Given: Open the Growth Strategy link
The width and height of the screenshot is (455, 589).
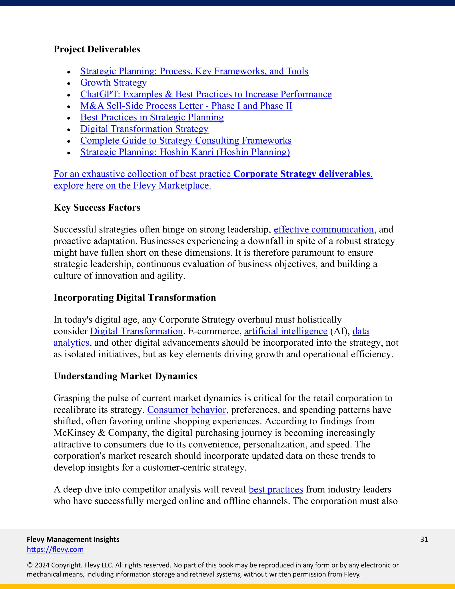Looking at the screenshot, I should (113, 82).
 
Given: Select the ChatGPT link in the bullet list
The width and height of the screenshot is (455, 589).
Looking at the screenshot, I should (206, 94).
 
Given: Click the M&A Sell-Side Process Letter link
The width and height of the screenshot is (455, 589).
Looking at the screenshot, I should (186, 106).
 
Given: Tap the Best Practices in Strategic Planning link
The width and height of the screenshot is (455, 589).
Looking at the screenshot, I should (152, 117).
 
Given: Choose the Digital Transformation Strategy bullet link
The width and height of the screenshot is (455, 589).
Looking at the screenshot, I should (144, 129).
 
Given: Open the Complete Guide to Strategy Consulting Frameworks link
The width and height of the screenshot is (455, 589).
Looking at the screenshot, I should (186, 140).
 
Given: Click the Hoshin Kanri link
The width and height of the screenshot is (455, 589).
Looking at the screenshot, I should (185, 152).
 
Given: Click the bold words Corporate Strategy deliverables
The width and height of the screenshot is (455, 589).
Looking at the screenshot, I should (302, 174).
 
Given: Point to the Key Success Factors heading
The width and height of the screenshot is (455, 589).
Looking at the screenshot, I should (97, 207).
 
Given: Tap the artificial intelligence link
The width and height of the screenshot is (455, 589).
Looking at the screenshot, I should (285, 331).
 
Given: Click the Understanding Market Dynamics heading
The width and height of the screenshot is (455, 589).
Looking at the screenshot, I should (125, 376).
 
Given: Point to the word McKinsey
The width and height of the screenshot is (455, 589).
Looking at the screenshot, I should (74, 433).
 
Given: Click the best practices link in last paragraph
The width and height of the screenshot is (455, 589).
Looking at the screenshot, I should (276, 489).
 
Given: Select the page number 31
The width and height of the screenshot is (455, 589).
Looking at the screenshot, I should (424, 539).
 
